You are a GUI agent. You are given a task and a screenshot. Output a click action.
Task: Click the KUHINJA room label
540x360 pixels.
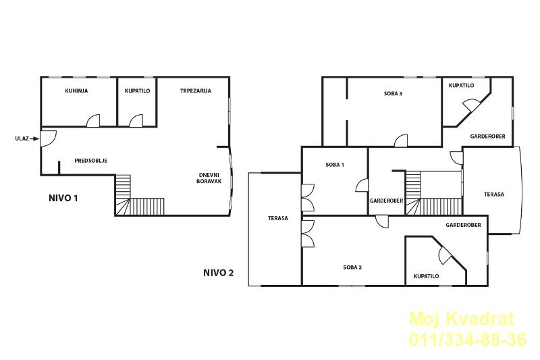76,91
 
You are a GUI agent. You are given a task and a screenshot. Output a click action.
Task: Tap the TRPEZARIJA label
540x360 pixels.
196,91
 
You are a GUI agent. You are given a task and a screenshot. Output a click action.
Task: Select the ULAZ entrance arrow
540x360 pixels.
35,139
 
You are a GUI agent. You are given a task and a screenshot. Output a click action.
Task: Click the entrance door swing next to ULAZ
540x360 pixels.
48,138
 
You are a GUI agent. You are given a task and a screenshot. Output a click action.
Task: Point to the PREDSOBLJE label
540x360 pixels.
91,161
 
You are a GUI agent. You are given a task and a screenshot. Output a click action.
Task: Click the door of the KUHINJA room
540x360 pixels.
93,121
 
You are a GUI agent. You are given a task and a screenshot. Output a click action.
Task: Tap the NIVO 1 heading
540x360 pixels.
63,198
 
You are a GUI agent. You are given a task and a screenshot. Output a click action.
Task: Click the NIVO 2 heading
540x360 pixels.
218,273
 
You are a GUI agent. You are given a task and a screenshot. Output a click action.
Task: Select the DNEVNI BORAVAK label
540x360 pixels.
209,178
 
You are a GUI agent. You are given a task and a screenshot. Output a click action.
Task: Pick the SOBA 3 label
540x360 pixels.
394,93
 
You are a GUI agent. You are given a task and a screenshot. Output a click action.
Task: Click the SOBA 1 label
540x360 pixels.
335,165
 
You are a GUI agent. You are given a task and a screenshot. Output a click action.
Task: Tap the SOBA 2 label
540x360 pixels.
352,267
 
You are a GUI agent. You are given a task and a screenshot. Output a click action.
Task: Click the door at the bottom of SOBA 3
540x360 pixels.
401,140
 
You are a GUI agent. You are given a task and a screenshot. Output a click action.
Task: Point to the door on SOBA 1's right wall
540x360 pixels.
362,185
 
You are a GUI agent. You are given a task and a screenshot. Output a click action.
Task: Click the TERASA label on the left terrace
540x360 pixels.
278,218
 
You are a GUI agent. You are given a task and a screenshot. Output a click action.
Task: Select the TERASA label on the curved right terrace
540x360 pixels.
494,195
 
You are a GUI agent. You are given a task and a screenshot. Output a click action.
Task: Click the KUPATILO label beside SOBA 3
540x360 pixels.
462,85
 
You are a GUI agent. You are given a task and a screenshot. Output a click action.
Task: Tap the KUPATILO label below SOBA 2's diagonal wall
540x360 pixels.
427,276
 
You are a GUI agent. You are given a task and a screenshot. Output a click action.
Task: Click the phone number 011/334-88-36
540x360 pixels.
468,340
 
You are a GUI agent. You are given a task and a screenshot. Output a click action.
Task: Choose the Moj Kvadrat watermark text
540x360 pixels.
462,319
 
